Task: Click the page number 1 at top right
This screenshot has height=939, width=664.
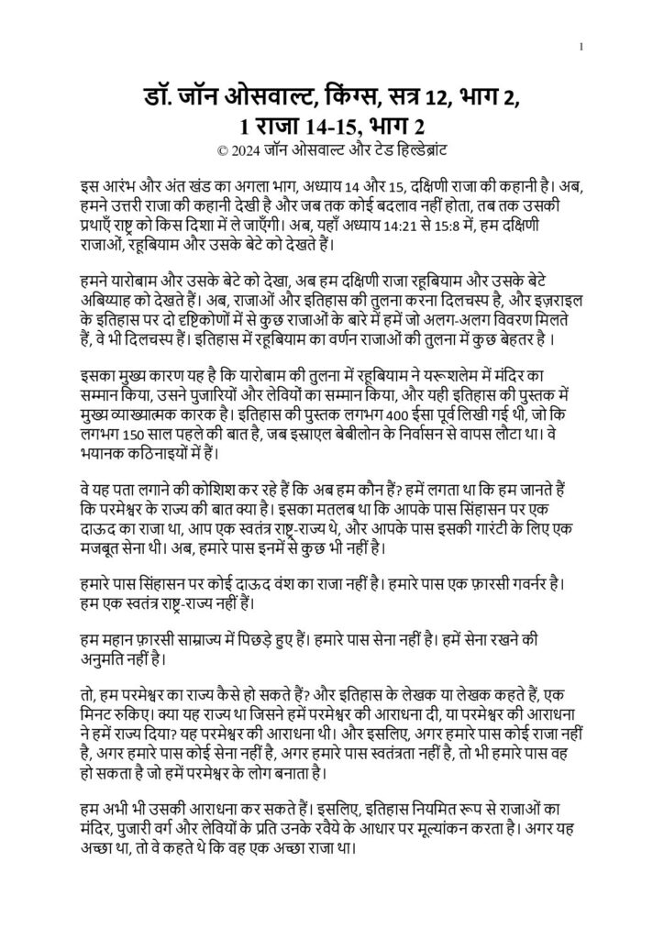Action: tap(581, 47)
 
